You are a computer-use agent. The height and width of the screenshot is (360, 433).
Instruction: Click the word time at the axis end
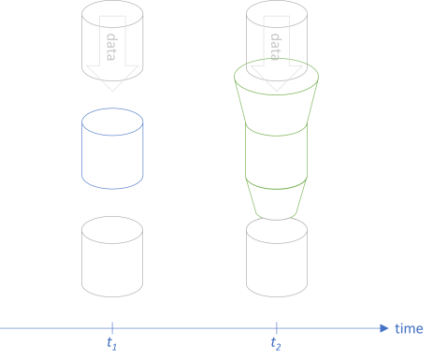(409, 328)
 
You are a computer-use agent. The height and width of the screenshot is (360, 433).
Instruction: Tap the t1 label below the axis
(112, 343)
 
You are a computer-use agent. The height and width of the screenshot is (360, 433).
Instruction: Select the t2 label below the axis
(276, 343)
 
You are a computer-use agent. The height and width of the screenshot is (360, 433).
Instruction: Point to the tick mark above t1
(112, 327)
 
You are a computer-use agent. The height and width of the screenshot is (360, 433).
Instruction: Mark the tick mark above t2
(277, 327)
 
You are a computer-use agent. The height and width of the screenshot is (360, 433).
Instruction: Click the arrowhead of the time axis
(383, 327)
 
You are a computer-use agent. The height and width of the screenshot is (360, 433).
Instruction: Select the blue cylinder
(112, 154)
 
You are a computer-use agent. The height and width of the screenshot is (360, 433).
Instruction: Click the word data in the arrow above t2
(277, 47)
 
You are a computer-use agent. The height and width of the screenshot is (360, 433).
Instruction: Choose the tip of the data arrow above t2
(277, 90)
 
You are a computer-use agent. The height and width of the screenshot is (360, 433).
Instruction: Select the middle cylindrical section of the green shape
(277, 154)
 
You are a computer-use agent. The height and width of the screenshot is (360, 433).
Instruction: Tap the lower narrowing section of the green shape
(277, 198)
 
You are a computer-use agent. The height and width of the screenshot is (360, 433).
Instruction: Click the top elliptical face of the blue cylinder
(112, 122)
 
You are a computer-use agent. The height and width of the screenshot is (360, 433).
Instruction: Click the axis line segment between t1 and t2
(195, 327)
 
